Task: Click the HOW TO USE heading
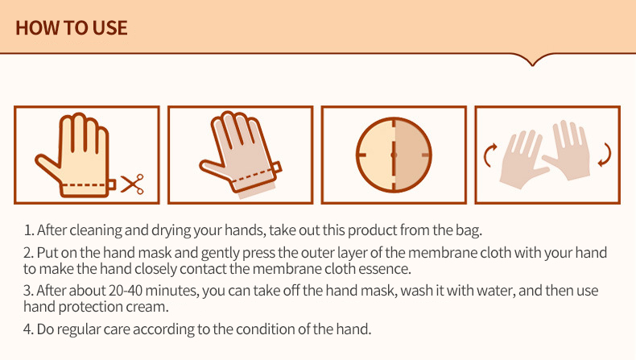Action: tap(72, 28)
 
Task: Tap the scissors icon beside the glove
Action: tap(132, 184)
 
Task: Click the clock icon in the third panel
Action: tap(394, 155)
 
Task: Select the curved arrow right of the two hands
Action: tap(605, 155)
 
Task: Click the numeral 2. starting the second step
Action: tap(28, 253)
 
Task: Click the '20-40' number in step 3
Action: tap(126, 291)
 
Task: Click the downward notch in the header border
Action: tap(533, 62)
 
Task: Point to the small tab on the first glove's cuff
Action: tap(112, 185)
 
